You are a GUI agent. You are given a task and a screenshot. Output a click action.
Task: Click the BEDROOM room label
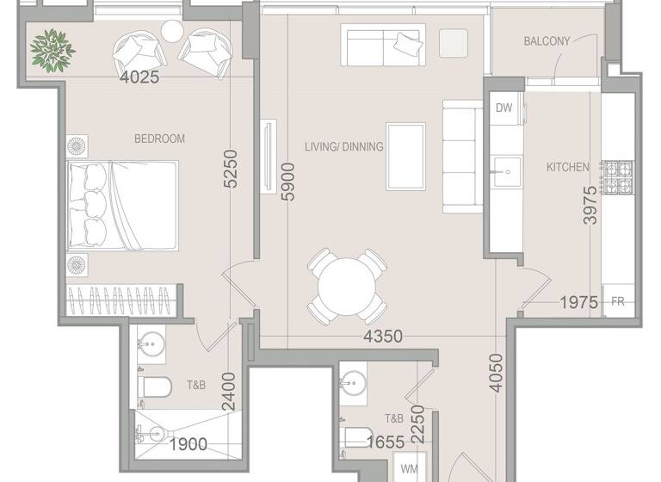point(159,139)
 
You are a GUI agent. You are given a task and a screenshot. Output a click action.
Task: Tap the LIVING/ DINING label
point(343,146)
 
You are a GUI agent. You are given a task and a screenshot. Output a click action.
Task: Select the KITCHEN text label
point(568,167)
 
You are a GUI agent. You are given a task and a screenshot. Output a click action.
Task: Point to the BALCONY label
point(547,41)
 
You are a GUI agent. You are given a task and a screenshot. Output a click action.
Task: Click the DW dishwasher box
point(504,108)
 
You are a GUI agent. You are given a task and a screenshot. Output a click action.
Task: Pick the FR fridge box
point(617,301)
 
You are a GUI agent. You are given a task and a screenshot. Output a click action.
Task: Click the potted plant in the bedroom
point(53,48)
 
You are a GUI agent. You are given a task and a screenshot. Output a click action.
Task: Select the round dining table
point(348,285)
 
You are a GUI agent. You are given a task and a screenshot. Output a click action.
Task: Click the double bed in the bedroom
point(122,206)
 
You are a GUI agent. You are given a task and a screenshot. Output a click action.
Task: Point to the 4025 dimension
point(139,77)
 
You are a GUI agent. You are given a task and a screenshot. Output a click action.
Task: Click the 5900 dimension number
point(288,182)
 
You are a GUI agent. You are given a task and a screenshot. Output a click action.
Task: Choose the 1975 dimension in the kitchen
point(579,302)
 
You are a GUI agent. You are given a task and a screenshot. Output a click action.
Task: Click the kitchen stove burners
point(617,178)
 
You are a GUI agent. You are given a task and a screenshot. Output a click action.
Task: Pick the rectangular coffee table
point(405,156)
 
